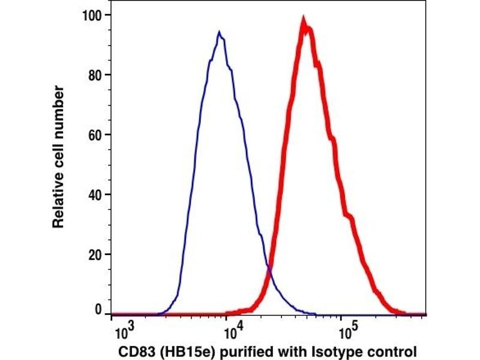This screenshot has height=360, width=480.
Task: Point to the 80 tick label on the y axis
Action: pos(95,74)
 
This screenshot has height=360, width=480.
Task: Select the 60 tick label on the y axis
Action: pos(95,134)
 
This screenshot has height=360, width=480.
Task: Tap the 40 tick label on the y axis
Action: pos(95,194)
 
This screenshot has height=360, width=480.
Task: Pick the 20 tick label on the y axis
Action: pos(95,254)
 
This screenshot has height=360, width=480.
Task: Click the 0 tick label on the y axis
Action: pos(99,311)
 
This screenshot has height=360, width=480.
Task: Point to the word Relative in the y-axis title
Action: pos(58,203)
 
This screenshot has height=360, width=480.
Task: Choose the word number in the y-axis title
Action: pos(58,110)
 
